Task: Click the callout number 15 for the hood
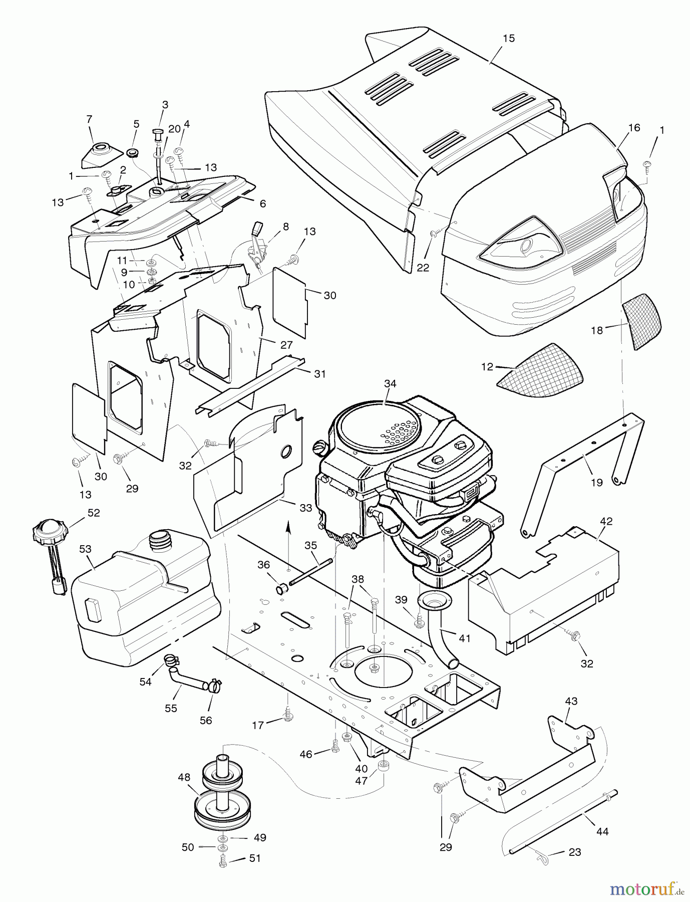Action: click(x=508, y=39)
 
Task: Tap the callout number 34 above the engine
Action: click(x=390, y=383)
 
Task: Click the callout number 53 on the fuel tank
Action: click(x=86, y=549)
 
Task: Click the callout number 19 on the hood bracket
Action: click(x=597, y=482)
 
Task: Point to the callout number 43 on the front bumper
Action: click(x=571, y=701)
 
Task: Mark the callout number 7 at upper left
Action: click(x=89, y=119)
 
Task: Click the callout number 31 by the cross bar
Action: click(x=319, y=373)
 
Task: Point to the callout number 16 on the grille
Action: click(x=634, y=127)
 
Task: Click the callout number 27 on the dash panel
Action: click(x=286, y=345)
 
